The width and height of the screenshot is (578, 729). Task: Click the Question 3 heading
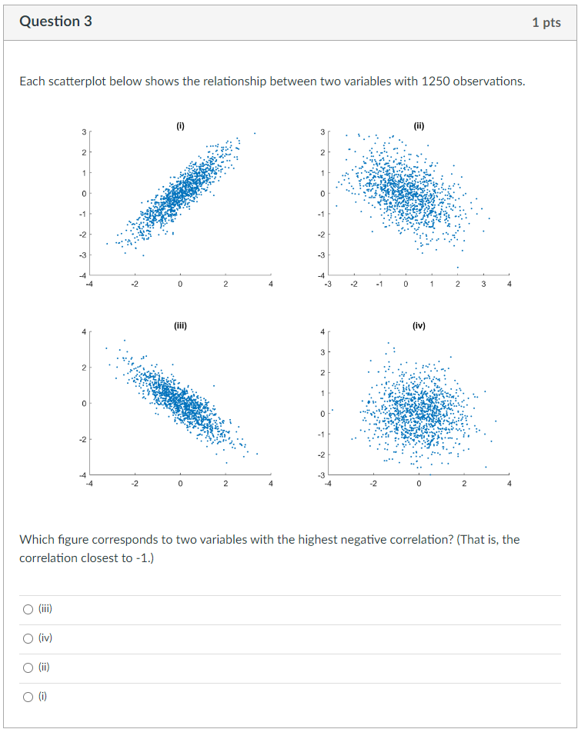click(55, 22)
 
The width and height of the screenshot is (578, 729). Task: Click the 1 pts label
click(546, 22)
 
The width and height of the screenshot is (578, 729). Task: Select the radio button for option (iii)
click(28, 610)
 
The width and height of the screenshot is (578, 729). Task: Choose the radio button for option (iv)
click(28, 639)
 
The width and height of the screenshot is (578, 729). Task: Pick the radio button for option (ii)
click(28, 668)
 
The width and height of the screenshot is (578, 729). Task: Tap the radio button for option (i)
click(28, 697)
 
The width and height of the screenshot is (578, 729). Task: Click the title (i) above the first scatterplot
click(180, 125)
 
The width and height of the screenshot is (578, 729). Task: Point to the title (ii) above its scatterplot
click(419, 125)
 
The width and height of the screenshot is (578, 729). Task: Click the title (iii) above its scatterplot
click(180, 325)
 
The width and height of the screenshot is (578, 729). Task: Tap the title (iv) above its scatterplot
click(419, 325)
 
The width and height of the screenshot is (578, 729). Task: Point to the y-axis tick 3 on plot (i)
click(84, 132)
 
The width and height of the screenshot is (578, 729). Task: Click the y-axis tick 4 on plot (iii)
click(84, 332)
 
